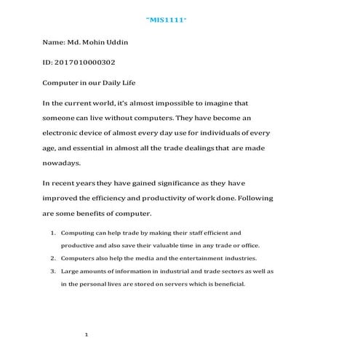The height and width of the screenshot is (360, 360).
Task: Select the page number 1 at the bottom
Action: coord(87,335)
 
